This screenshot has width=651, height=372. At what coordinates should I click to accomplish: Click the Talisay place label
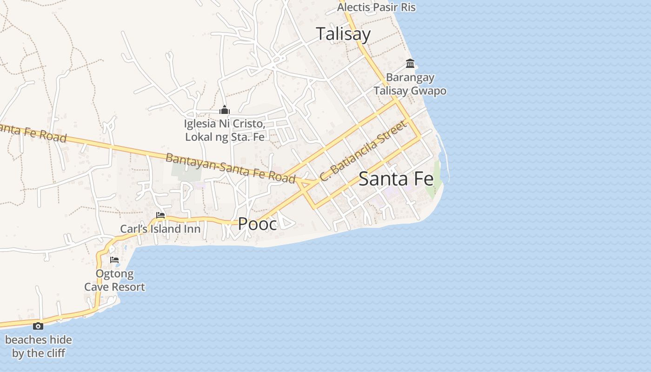(343, 34)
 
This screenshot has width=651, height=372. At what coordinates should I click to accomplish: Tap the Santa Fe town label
(396, 179)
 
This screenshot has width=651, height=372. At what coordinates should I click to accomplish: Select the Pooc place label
(257, 224)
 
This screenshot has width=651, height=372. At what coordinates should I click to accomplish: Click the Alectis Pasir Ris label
(376, 7)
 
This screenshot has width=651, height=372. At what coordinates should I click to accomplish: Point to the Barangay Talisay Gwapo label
(410, 84)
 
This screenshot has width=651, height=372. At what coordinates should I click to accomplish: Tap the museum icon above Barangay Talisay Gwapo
(410, 63)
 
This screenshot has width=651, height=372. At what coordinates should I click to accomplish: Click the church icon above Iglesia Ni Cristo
(225, 110)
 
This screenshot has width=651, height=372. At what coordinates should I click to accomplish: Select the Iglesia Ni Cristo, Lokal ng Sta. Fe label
(225, 130)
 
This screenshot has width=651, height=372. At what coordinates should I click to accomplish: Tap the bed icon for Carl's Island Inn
(160, 215)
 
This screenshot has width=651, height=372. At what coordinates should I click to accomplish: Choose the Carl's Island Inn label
(160, 229)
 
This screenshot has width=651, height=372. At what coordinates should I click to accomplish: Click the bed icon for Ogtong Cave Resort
(114, 260)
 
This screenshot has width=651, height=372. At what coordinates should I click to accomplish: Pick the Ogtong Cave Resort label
(114, 280)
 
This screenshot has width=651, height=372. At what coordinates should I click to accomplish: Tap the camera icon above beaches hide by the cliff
(38, 326)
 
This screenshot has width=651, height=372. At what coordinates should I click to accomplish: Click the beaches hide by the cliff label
(39, 346)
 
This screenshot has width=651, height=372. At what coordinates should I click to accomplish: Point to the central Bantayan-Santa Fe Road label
(231, 168)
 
